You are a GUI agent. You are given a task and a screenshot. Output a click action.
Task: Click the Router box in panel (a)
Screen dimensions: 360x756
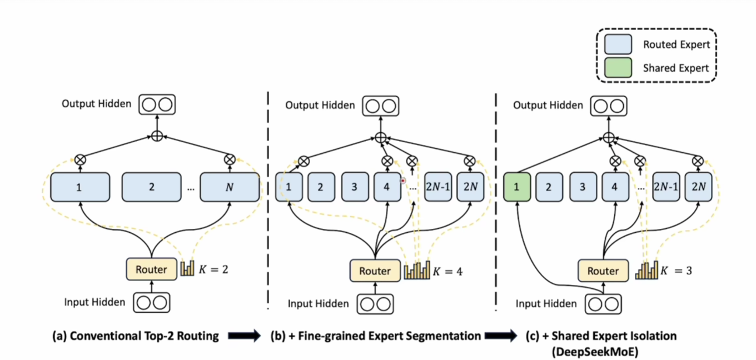(x=151, y=269)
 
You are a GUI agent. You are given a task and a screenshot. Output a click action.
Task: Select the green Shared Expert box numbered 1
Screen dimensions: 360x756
(x=516, y=187)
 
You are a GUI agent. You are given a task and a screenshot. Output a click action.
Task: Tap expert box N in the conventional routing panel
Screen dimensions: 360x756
(x=230, y=187)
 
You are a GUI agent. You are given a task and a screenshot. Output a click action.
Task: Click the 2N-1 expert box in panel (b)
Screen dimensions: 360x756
(x=437, y=187)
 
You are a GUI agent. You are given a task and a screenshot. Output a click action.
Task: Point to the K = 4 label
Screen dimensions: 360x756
(x=448, y=272)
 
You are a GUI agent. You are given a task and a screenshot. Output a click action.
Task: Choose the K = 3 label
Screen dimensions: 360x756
(x=676, y=272)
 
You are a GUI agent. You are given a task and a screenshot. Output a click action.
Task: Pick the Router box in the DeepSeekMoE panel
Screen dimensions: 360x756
(x=603, y=271)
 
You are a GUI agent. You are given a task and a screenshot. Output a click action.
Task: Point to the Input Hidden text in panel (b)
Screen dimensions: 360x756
(x=318, y=303)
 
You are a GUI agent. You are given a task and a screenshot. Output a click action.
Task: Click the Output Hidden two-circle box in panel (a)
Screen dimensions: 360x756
(x=157, y=103)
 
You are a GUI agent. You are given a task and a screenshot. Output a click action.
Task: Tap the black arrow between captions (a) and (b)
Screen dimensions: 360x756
(x=244, y=336)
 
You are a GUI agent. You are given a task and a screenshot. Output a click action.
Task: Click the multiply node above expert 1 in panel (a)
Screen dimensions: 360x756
(x=81, y=159)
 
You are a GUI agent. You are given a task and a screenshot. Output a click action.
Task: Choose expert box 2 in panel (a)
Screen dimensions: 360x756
(x=151, y=187)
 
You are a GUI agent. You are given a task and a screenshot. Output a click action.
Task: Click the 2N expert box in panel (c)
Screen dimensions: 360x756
(x=698, y=187)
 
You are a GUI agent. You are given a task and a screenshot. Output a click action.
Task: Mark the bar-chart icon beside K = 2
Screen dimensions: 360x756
(x=187, y=269)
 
